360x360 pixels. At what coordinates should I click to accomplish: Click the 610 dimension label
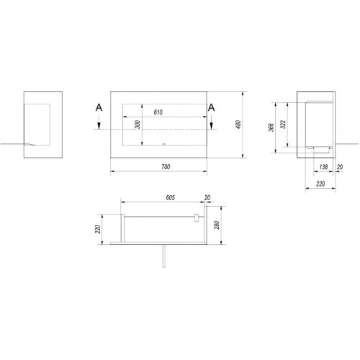coord(158,112)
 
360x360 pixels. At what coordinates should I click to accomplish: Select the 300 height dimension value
coord(138,125)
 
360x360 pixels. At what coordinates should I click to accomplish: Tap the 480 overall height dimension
coord(238,125)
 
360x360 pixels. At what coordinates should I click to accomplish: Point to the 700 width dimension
coord(166,166)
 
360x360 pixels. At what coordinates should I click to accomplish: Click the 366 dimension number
coord(271,127)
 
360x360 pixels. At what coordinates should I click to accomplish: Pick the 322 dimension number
coord(284,125)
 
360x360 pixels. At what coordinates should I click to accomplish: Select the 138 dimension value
coord(323,166)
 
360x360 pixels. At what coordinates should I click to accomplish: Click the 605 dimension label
coord(171,197)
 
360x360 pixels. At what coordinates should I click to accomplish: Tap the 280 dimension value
coord(217,225)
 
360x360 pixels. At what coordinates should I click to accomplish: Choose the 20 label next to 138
coord(340,166)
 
